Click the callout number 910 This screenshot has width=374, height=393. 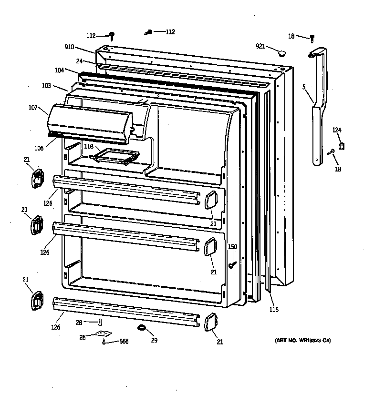(70, 47)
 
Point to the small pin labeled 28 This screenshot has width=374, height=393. (101, 323)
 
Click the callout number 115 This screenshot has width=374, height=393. (273, 310)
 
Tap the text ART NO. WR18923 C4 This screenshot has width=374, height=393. (302, 340)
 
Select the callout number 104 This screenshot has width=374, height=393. (59, 70)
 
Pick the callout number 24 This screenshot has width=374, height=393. (79, 61)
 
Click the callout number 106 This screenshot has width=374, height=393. (39, 148)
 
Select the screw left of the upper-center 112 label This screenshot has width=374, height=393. (148, 32)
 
